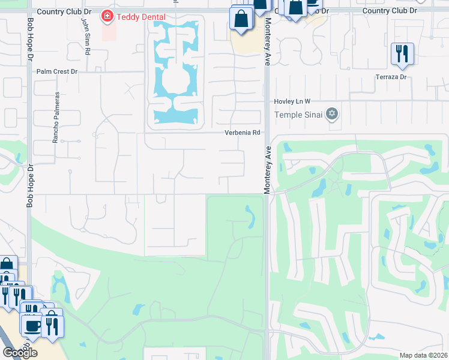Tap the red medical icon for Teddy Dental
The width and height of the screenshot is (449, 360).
tap(107, 16)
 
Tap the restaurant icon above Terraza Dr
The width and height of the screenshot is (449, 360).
tap(402, 53)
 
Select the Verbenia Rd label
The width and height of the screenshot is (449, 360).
tap(243, 133)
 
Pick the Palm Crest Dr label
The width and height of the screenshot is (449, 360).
tap(57, 71)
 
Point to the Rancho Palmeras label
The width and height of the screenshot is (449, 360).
tap(56, 117)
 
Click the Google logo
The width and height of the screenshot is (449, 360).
tap(19, 352)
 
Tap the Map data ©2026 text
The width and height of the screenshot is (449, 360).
tap(423, 355)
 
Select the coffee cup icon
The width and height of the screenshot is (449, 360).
tap(31, 325)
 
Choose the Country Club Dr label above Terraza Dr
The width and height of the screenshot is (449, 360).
tap(390, 11)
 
